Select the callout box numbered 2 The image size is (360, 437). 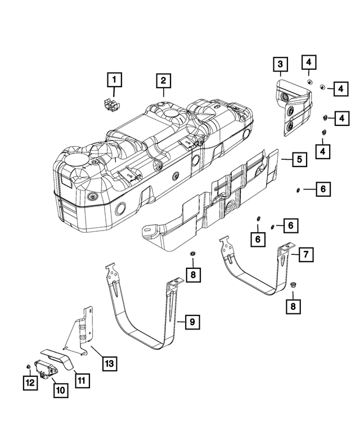(163, 82)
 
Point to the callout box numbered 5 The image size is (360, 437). (299, 160)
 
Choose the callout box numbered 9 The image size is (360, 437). (192, 322)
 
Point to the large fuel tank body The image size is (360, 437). (141, 163)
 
